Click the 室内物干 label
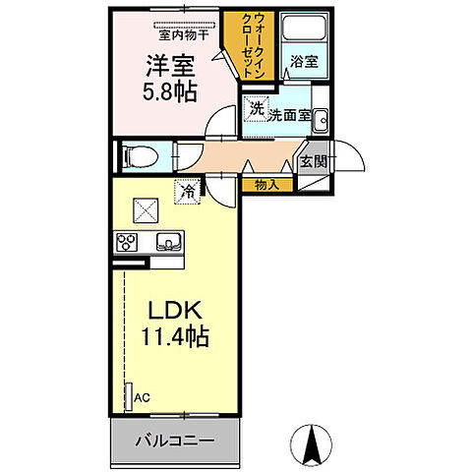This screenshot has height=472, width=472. point(184,34)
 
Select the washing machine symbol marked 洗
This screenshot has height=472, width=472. point(256,109)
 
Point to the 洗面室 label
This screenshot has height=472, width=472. point(290,114)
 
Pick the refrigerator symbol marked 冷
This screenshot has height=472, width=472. point(187,192)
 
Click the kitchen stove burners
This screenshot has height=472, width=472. point(128,241)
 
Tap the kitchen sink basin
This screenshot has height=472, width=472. point(167,241)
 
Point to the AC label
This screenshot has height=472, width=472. point(143,399)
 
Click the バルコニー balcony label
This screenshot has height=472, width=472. point(175,441)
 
